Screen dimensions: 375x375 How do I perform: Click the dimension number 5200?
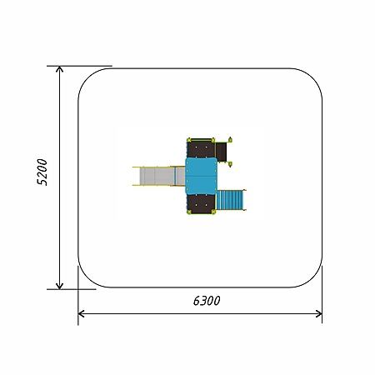(x=42, y=172)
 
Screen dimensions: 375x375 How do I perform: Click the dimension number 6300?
(x=207, y=301)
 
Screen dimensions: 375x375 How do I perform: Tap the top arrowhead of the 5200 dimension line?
(x=59, y=69)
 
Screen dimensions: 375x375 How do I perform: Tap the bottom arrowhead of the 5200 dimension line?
(x=59, y=286)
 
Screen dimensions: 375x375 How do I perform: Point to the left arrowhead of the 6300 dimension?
(x=81, y=314)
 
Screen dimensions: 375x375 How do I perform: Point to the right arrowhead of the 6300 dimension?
(x=319, y=314)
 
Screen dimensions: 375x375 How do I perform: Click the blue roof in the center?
(x=201, y=176)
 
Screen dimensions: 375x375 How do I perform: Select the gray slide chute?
(x=158, y=177)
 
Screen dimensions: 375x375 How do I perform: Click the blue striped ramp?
(x=231, y=200)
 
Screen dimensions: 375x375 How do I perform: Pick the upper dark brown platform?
(x=201, y=149)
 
